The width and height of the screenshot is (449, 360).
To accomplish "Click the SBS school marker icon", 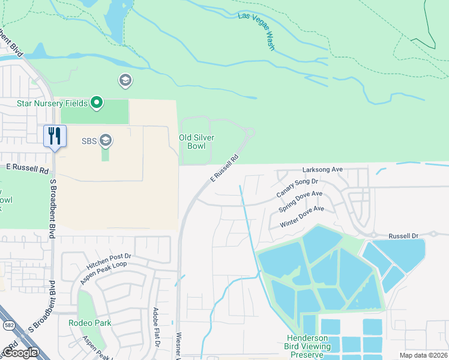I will click(106, 141).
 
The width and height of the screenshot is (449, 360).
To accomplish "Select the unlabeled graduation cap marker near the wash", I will click(125, 80).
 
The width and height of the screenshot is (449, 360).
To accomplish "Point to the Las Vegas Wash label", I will click(256, 31).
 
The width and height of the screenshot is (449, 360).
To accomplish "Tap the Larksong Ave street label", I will click(322, 170).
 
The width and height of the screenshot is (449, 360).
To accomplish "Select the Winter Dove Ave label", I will click(302, 217).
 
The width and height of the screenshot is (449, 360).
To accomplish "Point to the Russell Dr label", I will click(402, 236).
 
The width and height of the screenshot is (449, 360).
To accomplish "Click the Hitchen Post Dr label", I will click(108, 256).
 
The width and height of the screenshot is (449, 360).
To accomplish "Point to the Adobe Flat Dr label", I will click(155, 327).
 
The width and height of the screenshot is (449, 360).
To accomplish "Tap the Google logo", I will click(19, 352).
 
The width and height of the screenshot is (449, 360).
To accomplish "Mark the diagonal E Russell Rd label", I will click(224, 169).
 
